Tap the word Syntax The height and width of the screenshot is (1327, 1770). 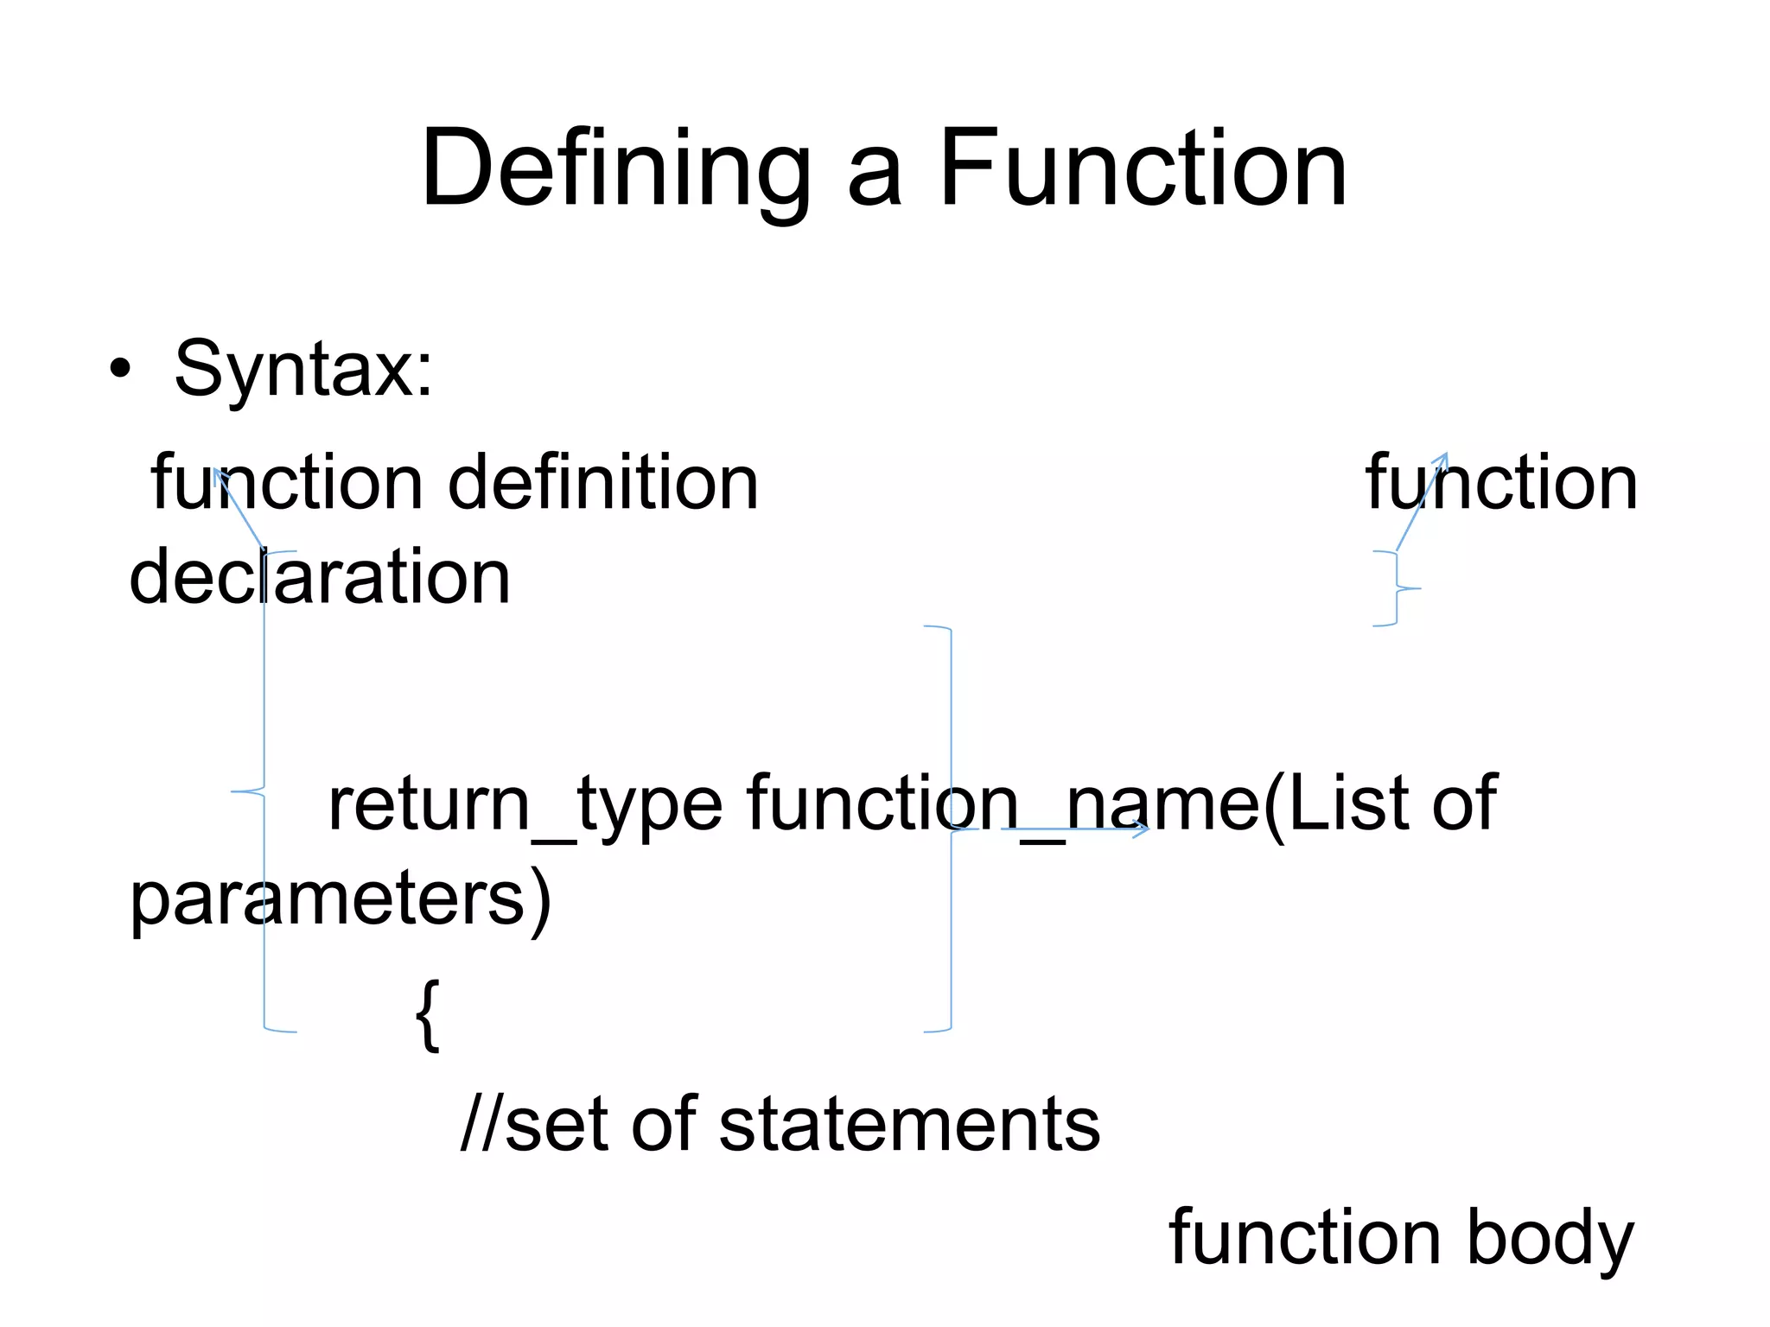302,369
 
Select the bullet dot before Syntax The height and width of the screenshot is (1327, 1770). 121,371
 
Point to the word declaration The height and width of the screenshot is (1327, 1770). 320,576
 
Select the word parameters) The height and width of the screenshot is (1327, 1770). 340,898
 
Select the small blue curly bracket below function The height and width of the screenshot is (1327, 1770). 1397,588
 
